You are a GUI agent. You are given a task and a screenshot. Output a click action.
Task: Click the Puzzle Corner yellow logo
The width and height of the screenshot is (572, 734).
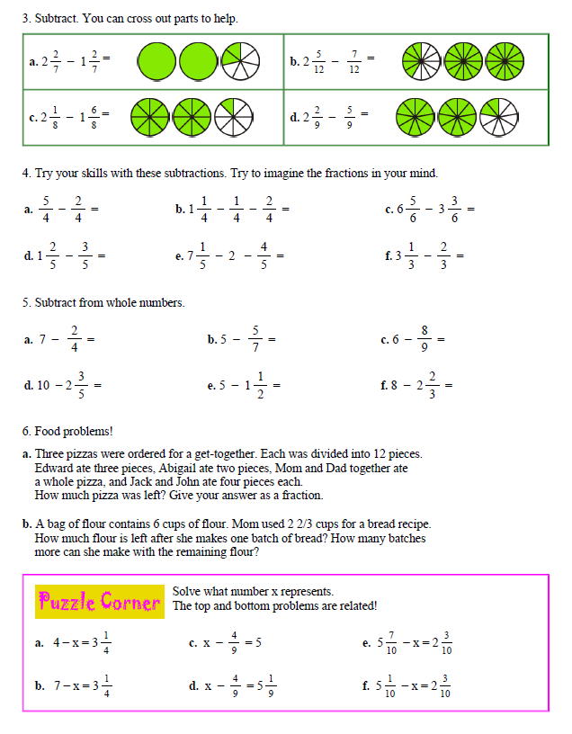98,602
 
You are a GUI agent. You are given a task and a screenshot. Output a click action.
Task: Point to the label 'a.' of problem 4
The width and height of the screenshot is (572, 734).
28,210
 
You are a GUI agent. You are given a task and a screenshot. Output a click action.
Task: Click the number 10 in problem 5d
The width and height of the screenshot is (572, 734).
42,385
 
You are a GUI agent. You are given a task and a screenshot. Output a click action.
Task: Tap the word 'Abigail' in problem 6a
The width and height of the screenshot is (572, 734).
186,468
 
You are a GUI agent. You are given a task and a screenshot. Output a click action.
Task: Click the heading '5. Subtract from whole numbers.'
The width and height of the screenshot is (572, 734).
103,303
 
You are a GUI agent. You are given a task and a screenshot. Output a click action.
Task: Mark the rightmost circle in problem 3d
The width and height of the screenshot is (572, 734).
497,116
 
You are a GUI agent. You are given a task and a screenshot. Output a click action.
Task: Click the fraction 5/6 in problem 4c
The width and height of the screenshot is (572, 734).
413,210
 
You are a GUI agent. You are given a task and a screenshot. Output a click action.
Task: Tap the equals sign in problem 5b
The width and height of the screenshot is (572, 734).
272,340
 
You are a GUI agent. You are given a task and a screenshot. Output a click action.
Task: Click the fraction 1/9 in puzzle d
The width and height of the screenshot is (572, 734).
272,685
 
